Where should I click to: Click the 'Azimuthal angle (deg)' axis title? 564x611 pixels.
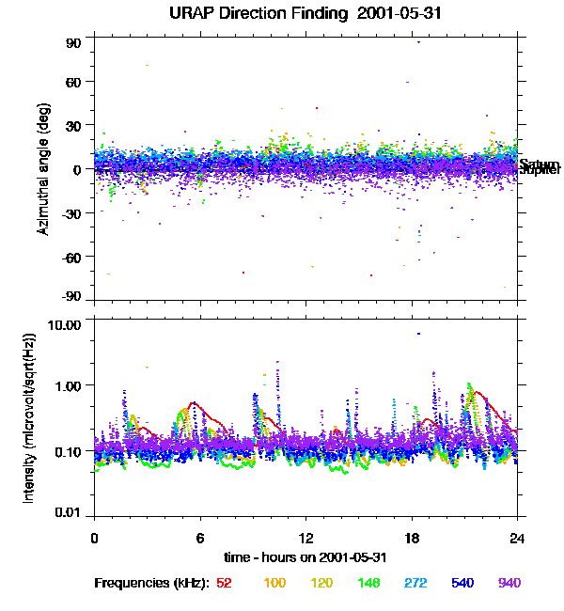[44, 169]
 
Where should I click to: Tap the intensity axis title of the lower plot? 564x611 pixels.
[30, 417]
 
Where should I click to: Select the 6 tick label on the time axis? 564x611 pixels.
[200, 538]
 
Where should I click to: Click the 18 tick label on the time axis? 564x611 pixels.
[412, 538]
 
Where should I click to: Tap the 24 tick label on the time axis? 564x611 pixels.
[517, 538]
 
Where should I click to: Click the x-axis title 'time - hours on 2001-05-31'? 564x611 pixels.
[305, 556]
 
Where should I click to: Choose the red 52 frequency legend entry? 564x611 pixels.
[224, 583]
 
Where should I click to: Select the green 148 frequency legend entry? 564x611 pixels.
[368, 583]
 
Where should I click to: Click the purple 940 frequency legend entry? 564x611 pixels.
[509, 583]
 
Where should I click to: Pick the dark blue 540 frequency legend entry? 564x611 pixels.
[462, 583]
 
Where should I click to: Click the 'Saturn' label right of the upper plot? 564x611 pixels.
[539, 164]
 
